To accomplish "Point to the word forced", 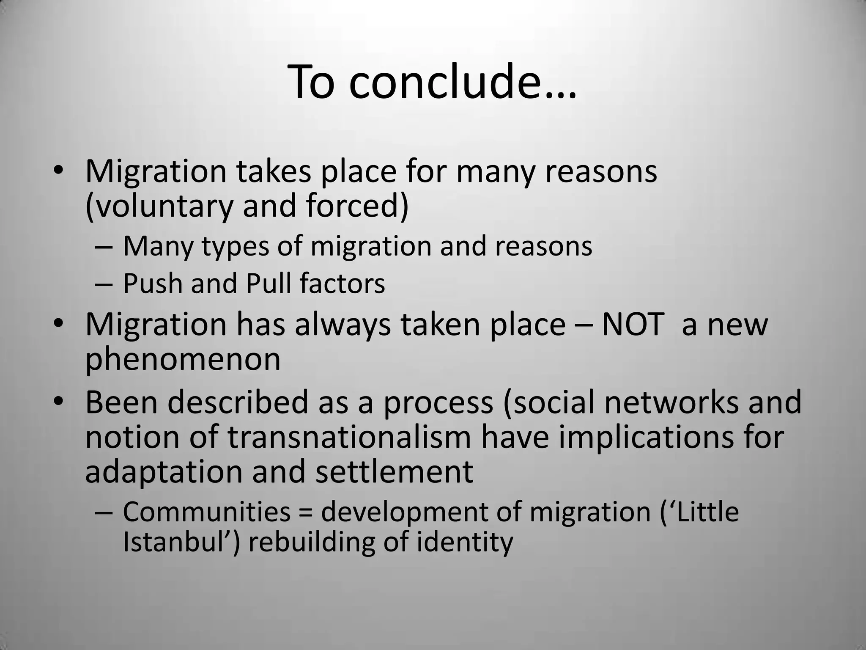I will pos(355,206).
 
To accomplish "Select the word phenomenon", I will pos(183,360).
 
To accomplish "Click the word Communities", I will pos(206,511).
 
